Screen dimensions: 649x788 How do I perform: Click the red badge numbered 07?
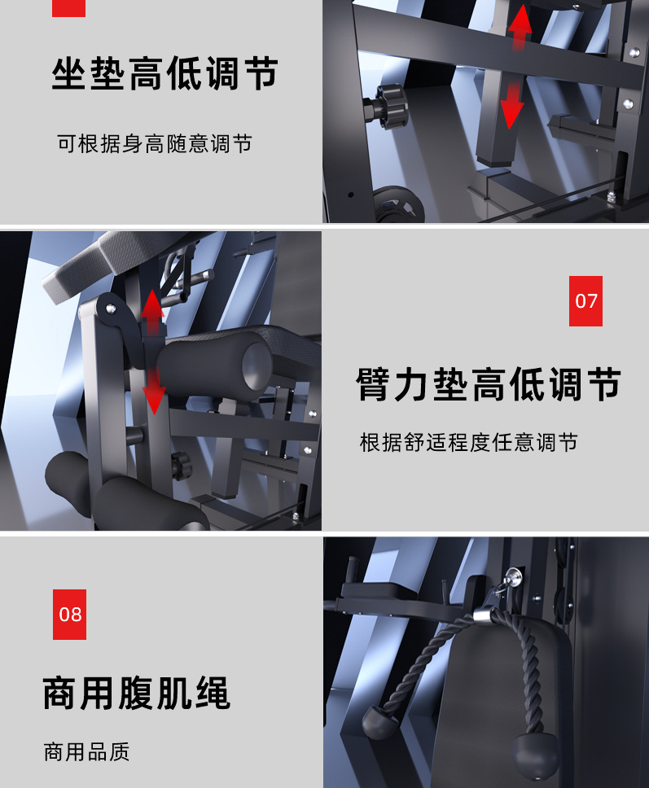coord(585,301)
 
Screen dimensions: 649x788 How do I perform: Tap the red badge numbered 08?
coord(69,614)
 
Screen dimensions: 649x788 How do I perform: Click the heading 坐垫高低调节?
coord(164,73)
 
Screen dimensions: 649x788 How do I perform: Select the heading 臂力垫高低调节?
coord(489,384)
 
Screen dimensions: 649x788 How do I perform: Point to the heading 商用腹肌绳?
coord(136,693)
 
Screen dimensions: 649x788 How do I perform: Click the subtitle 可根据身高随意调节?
coord(155,144)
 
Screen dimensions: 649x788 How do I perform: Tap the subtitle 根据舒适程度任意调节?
coord(468,443)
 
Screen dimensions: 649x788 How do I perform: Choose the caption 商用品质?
coord(86,752)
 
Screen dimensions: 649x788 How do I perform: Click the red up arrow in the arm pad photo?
coord(152,312)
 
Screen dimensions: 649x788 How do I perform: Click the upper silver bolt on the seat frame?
coord(634,52)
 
